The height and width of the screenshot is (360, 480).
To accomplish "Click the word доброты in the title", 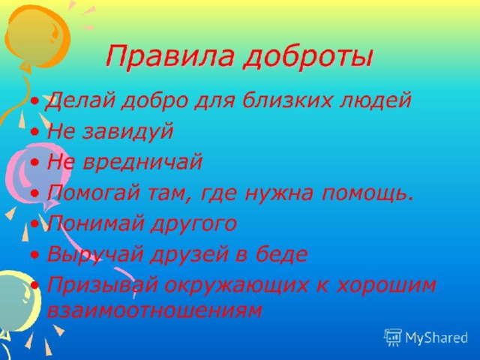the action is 308,57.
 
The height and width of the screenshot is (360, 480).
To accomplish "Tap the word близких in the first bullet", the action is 286,100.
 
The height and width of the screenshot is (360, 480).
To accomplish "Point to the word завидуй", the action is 127,132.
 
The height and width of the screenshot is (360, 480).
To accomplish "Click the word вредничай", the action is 142,161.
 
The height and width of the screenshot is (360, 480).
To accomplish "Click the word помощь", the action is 367,193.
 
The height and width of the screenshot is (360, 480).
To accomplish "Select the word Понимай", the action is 96,223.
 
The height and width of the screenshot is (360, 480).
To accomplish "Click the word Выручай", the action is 95,254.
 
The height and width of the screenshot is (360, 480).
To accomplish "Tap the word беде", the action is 281,253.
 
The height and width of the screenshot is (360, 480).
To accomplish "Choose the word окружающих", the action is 235,286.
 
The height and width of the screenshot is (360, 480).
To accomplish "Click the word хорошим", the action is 385,286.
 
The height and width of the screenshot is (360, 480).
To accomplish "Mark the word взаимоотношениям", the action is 154,310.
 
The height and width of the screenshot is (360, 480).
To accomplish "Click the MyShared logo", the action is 425,337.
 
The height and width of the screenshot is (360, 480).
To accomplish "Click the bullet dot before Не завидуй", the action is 35,132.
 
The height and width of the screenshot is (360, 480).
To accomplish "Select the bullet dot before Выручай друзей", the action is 35,254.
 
